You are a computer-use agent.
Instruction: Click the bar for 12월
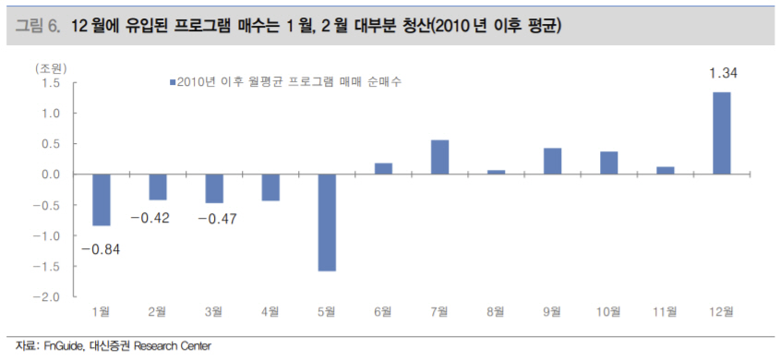click(x=721, y=133)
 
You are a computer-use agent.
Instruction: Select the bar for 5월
click(x=327, y=222)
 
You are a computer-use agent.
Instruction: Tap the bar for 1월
click(x=102, y=199)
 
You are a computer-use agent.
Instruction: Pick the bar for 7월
click(x=439, y=157)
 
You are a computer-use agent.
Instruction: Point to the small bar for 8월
click(x=496, y=172)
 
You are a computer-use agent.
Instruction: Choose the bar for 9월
click(x=552, y=162)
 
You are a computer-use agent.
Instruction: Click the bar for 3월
click(x=214, y=188)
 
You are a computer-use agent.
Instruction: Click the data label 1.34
click(x=721, y=73)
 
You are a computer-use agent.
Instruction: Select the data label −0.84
click(x=101, y=249)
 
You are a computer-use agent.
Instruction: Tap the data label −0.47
click(x=214, y=218)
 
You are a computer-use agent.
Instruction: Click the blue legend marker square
click(x=171, y=82)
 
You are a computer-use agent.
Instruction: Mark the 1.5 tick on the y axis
click(x=51, y=83)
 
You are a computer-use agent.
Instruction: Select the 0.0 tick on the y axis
click(x=51, y=174)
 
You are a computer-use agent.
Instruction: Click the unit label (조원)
click(x=52, y=68)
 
